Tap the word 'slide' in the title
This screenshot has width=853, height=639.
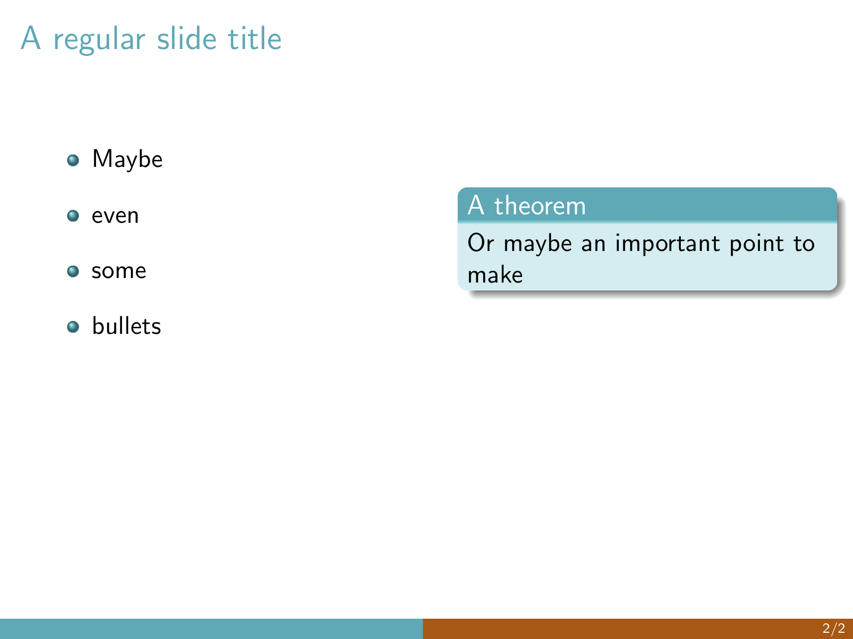click(186, 38)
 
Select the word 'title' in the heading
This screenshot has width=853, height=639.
click(255, 38)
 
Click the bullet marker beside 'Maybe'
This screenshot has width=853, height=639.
click(73, 160)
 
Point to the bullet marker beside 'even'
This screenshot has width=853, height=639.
click(73, 215)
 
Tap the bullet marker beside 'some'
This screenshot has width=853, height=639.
click(73, 271)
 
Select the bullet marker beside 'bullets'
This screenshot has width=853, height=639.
click(73, 327)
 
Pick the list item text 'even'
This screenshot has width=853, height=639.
click(115, 216)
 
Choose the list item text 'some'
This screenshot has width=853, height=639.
click(119, 271)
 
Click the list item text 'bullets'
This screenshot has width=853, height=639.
click(126, 325)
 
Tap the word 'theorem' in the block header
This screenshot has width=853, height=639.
click(540, 205)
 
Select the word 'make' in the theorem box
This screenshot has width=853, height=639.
click(495, 275)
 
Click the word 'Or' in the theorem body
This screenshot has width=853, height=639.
click(481, 243)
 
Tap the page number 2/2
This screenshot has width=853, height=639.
click(834, 628)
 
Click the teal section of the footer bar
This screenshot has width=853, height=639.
click(211, 629)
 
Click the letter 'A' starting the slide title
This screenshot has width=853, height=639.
click(30, 38)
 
